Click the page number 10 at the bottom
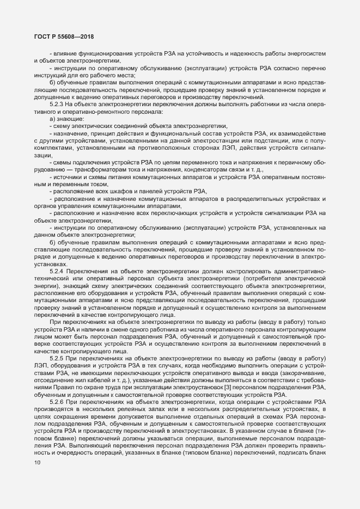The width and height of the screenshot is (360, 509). point(37,494)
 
